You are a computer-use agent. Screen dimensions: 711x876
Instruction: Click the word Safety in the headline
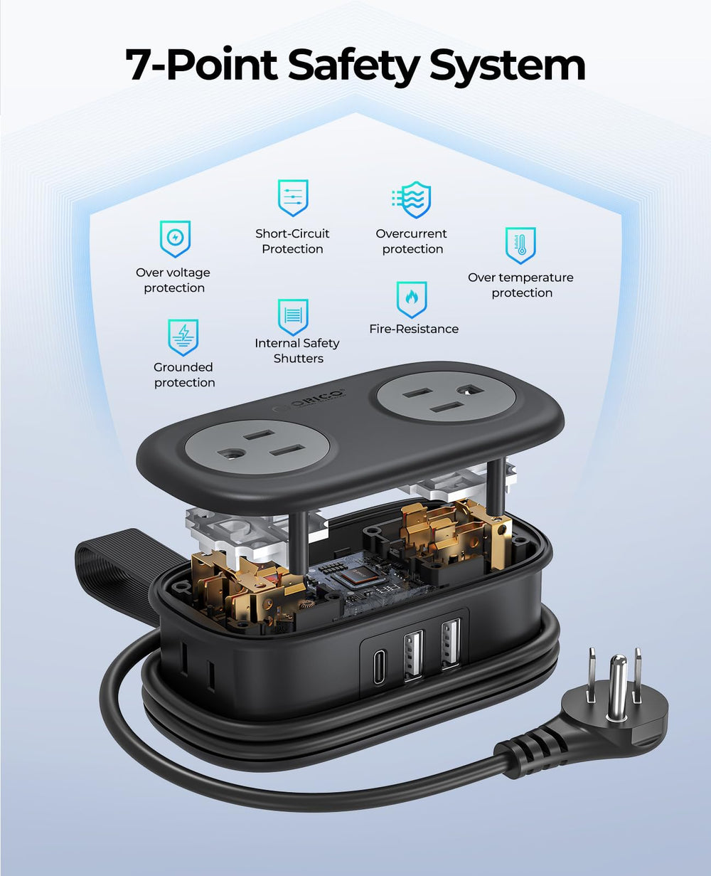[x=353, y=65]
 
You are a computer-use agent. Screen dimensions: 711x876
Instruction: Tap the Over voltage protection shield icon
[x=175, y=239]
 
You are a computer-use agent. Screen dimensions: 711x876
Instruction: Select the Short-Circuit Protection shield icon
[x=293, y=198]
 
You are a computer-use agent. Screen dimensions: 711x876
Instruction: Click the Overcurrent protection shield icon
[x=412, y=199]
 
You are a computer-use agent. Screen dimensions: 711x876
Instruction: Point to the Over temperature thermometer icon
[x=520, y=246]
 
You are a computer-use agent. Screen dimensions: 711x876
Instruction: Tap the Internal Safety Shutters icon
[x=293, y=317]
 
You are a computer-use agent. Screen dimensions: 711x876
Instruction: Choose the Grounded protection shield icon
[x=183, y=337]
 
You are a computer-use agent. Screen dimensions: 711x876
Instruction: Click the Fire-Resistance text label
[x=414, y=329]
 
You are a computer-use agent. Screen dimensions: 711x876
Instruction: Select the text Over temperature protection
[x=520, y=285]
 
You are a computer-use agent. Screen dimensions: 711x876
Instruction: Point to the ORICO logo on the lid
[x=310, y=401]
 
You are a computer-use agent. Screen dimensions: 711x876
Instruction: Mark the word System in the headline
[x=508, y=65]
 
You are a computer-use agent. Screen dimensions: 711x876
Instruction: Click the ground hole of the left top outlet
[x=228, y=455]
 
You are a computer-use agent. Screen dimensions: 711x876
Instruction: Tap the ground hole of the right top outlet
[x=467, y=389]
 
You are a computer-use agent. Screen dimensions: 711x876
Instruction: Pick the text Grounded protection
[x=184, y=374]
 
